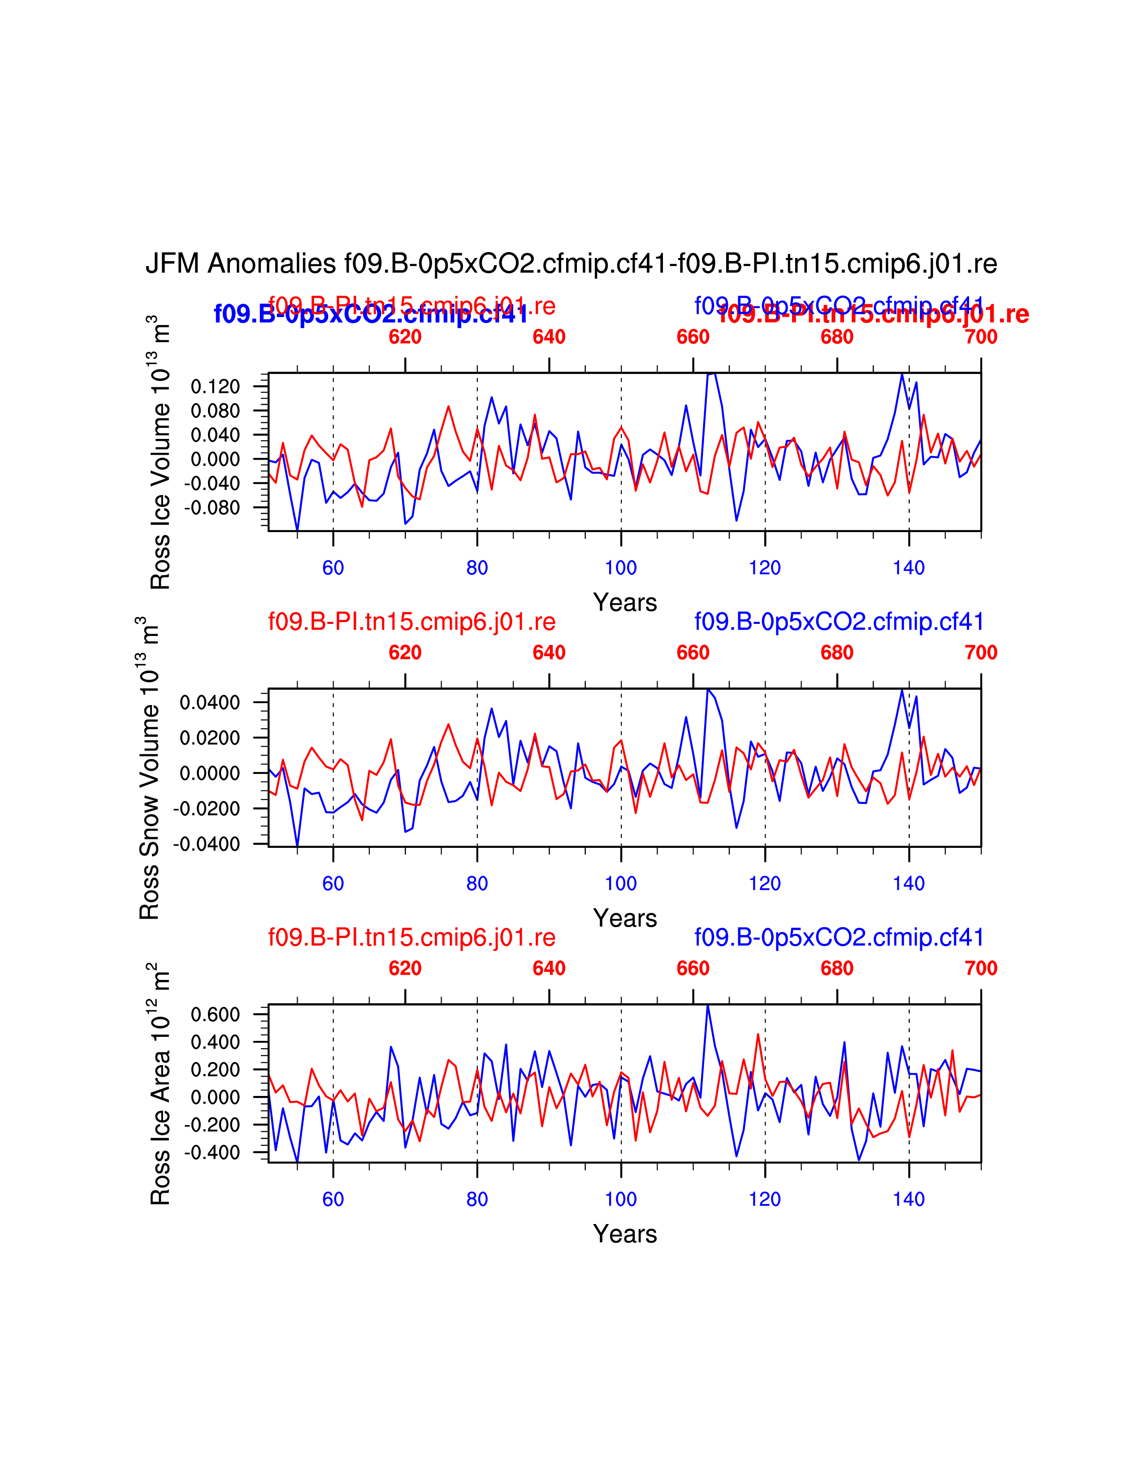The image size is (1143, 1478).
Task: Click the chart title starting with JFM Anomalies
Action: tap(571, 264)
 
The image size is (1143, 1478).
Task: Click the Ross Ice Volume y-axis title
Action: tap(160, 452)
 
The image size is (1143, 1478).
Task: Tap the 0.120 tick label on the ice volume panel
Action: tap(215, 387)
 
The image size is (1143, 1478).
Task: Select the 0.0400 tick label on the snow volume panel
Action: tap(209, 702)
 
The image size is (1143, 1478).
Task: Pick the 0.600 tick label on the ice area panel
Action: tap(215, 1014)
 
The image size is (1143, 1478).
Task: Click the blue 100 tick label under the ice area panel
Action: tap(621, 1199)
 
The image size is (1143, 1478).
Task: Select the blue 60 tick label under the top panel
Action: tap(333, 568)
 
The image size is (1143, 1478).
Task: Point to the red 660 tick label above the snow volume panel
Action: tap(693, 653)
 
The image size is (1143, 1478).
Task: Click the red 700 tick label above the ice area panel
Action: tap(980, 968)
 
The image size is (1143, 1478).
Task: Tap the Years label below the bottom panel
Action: tap(625, 1234)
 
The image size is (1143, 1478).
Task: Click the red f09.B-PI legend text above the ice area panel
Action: tap(411, 937)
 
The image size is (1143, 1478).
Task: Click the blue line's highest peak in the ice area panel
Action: tap(708, 1005)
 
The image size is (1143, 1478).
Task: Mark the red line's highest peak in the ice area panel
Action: tap(758, 1034)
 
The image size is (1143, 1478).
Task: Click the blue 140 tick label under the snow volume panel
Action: tap(909, 883)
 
